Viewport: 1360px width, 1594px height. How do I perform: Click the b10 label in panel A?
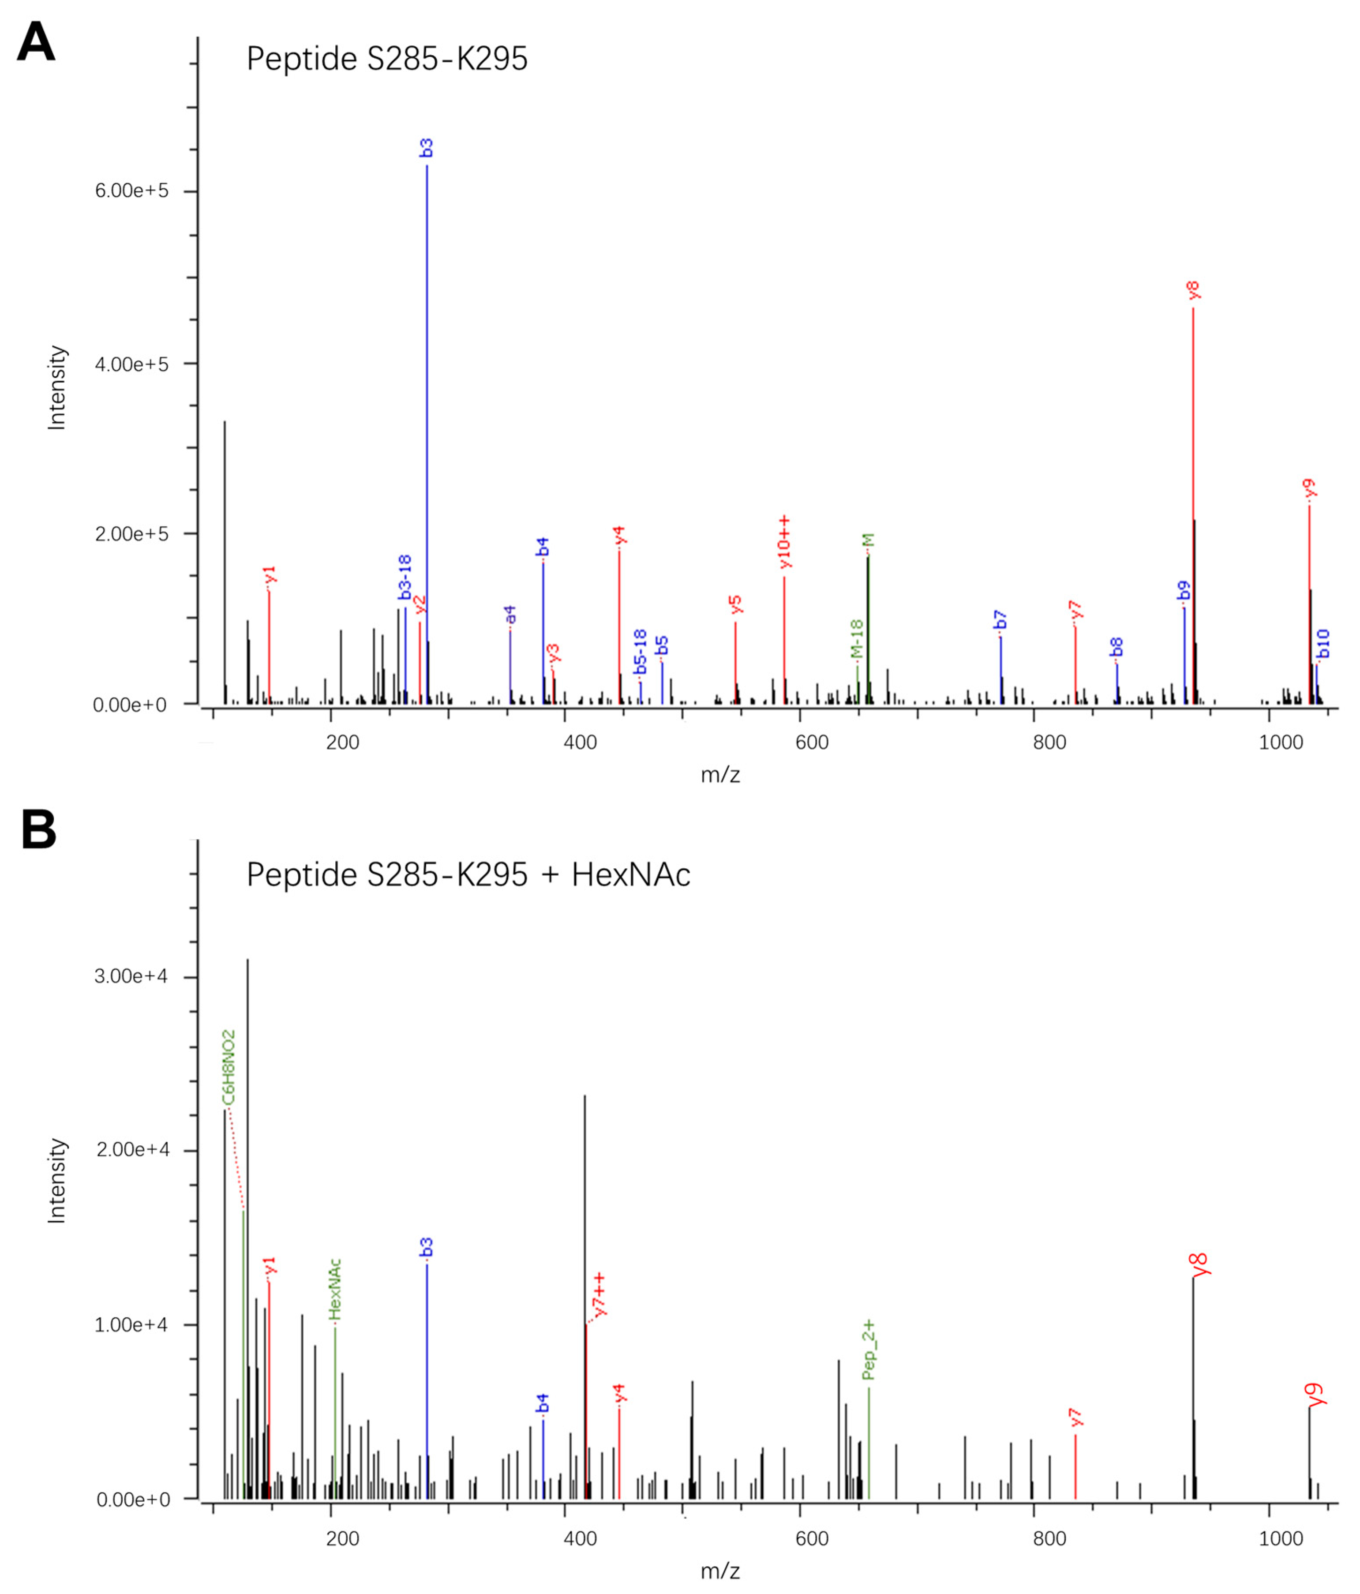click(x=1323, y=644)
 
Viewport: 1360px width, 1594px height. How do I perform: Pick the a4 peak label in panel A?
click(x=510, y=614)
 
